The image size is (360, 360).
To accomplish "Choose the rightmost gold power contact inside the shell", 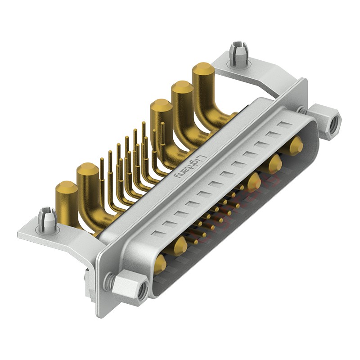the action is pyautogui.click(x=296, y=145).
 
